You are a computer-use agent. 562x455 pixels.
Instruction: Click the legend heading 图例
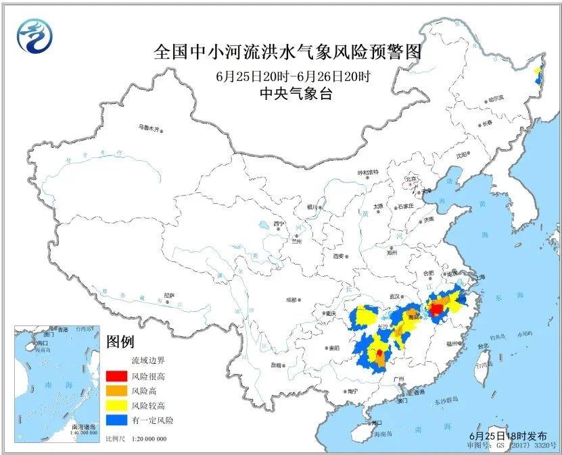pyautogui.click(x=121, y=342)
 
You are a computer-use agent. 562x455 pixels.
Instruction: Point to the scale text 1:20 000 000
pyautogui.click(x=145, y=439)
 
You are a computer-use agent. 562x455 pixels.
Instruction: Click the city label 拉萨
pyautogui.click(x=169, y=296)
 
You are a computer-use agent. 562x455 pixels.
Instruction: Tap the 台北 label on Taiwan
pyautogui.click(x=483, y=346)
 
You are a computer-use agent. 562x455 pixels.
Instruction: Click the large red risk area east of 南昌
pyautogui.click(x=436, y=310)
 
